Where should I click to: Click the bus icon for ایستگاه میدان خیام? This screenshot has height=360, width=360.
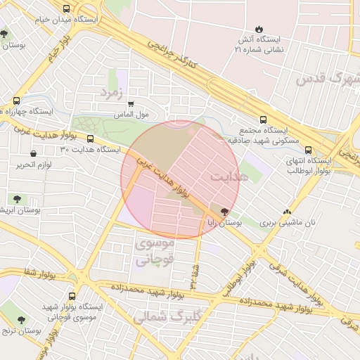[66, 9]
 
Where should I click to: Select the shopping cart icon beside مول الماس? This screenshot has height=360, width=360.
[131, 103]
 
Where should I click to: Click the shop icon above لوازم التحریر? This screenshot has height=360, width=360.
[33, 153]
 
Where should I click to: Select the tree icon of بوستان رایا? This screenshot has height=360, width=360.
[225, 211]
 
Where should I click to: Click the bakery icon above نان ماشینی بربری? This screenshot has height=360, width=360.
[286, 212]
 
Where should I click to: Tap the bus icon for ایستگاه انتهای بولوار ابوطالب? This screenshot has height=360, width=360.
[308, 149]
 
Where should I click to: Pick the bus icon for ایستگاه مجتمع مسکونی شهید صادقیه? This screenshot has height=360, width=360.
[263, 120]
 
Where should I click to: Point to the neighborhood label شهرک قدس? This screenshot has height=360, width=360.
[327, 78]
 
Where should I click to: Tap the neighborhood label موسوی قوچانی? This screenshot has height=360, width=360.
[153, 251]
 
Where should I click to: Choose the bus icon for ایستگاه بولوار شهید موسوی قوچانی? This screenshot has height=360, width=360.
[74, 297]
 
